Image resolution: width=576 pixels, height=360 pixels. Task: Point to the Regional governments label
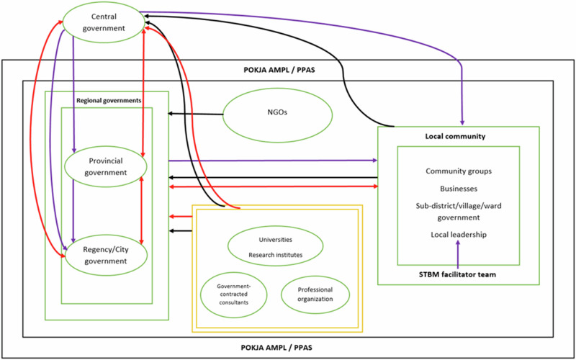point(109,99)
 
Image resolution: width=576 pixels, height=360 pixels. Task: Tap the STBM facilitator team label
point(458,274)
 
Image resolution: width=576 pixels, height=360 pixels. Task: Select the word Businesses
point(459,189)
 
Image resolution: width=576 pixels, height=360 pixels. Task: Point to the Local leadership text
point(459,235)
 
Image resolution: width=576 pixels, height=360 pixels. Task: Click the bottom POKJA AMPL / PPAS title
point(278,347)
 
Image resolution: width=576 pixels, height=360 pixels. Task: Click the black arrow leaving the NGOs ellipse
point(195,114)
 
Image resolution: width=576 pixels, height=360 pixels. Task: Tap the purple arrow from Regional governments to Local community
point(273,161)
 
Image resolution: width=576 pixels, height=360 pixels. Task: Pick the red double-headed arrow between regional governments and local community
point(273,187)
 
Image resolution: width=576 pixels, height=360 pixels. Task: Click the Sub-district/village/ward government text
point(459,211)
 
